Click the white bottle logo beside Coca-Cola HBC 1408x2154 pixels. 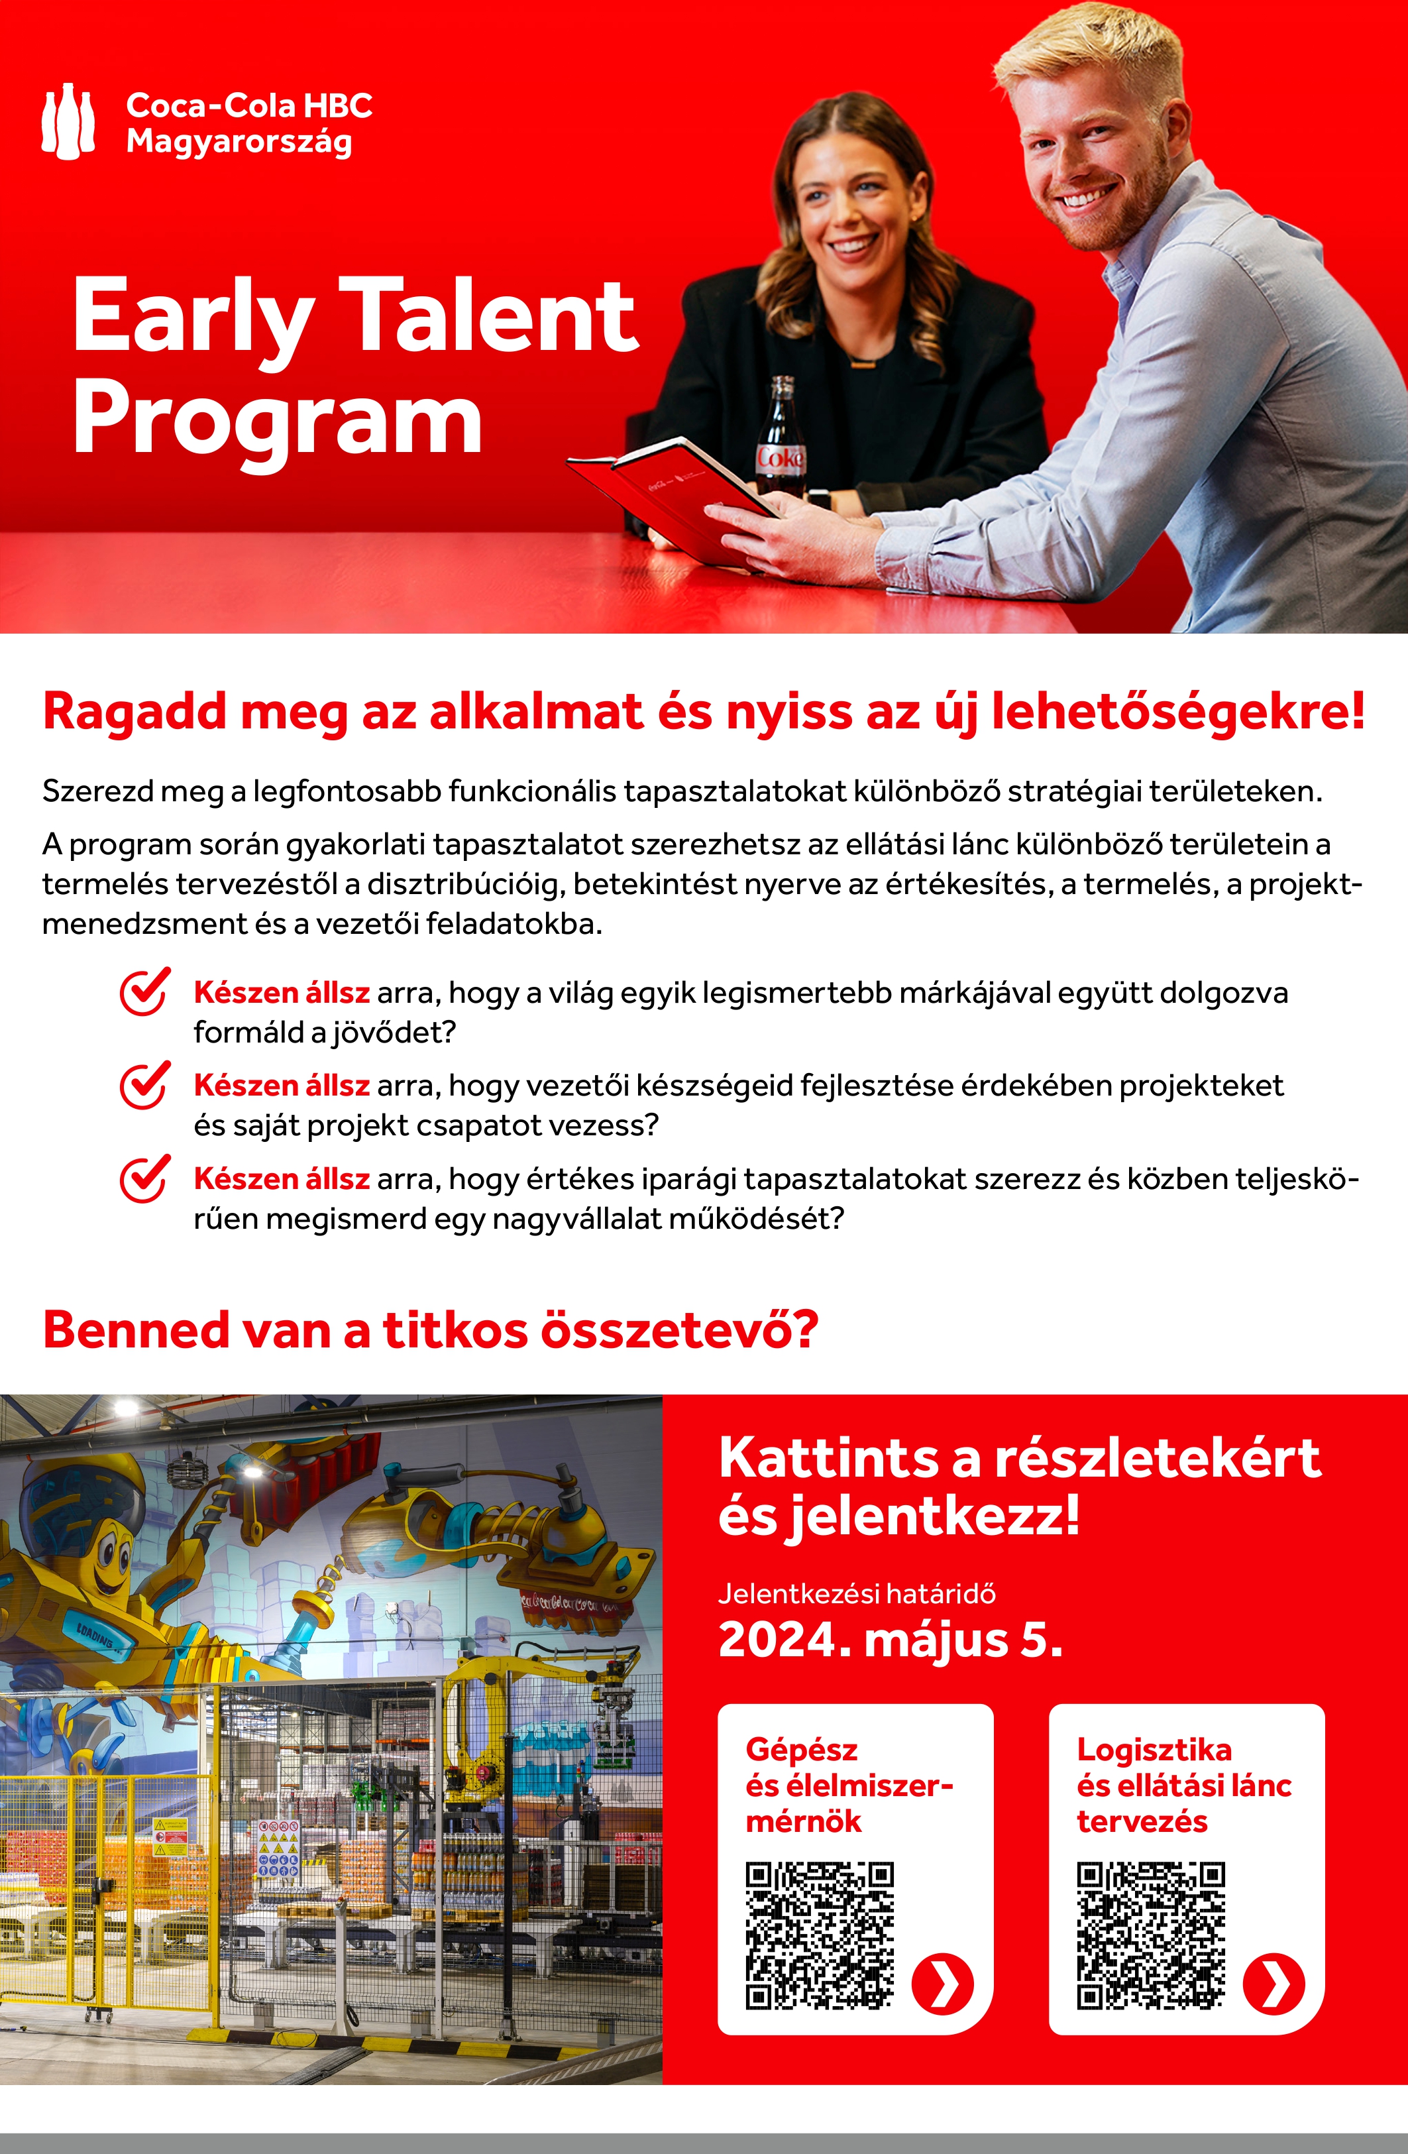click(x=68, y=121)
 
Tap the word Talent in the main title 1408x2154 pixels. click(x=492, y=316)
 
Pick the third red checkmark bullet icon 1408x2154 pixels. click(x=144, y=1178)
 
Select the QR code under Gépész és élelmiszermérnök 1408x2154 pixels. click(x=819, y=1935)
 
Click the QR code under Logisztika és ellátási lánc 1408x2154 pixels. click(x=1150, y=1935)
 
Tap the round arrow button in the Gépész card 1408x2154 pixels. click(x=942, y=1985)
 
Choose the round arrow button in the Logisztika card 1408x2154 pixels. click(x=1273, y=1985)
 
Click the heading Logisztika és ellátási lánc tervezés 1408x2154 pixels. click(x=1183, y=1785)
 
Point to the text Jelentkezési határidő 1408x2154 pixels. click(x=856, y=1594)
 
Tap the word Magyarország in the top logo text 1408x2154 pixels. click(x=239, y=142)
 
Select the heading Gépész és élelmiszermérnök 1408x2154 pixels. click(x=848, y=1785)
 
